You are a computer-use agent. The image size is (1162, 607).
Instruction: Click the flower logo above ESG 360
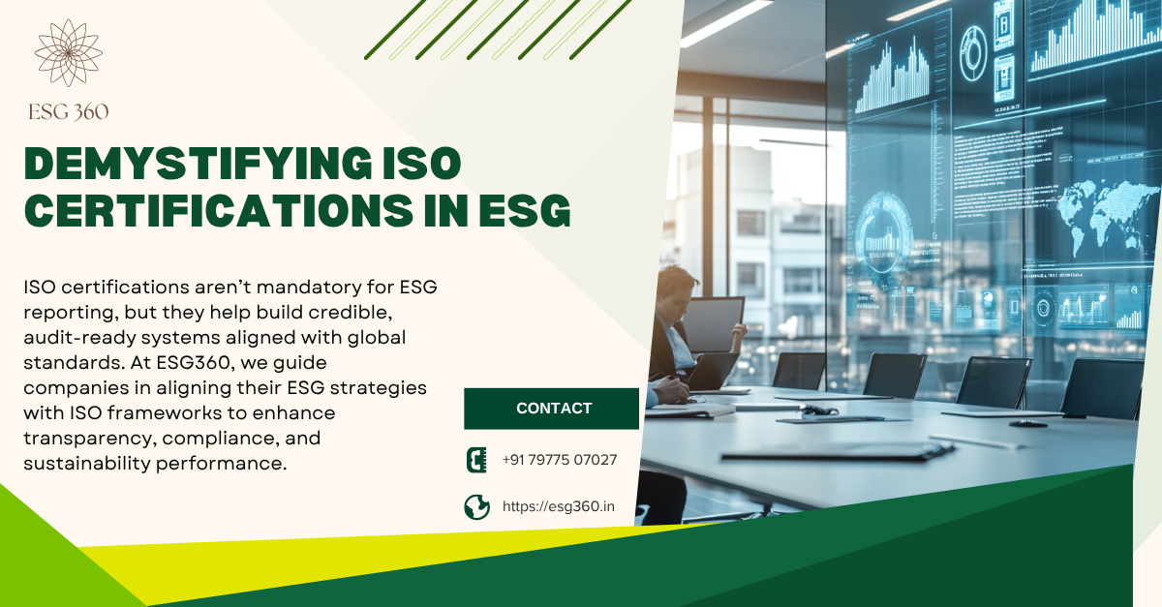click(69, 52)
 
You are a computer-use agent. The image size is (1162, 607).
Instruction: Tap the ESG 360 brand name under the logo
click(69, 112)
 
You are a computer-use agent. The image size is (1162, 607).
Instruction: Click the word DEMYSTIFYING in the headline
click(198, 164)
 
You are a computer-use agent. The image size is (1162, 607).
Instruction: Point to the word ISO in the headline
click(422, 164)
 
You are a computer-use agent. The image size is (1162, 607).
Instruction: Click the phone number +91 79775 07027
click(560, 460)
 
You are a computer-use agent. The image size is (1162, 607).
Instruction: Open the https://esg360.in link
click(558, 506)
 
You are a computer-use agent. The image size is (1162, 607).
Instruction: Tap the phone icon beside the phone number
click(476, 460)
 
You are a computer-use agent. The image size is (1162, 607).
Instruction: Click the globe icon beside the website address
click(477, 507)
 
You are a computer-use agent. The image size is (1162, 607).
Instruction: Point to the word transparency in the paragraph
click(89, 439)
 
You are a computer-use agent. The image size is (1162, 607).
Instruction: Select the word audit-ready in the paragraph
click(78, 338)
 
